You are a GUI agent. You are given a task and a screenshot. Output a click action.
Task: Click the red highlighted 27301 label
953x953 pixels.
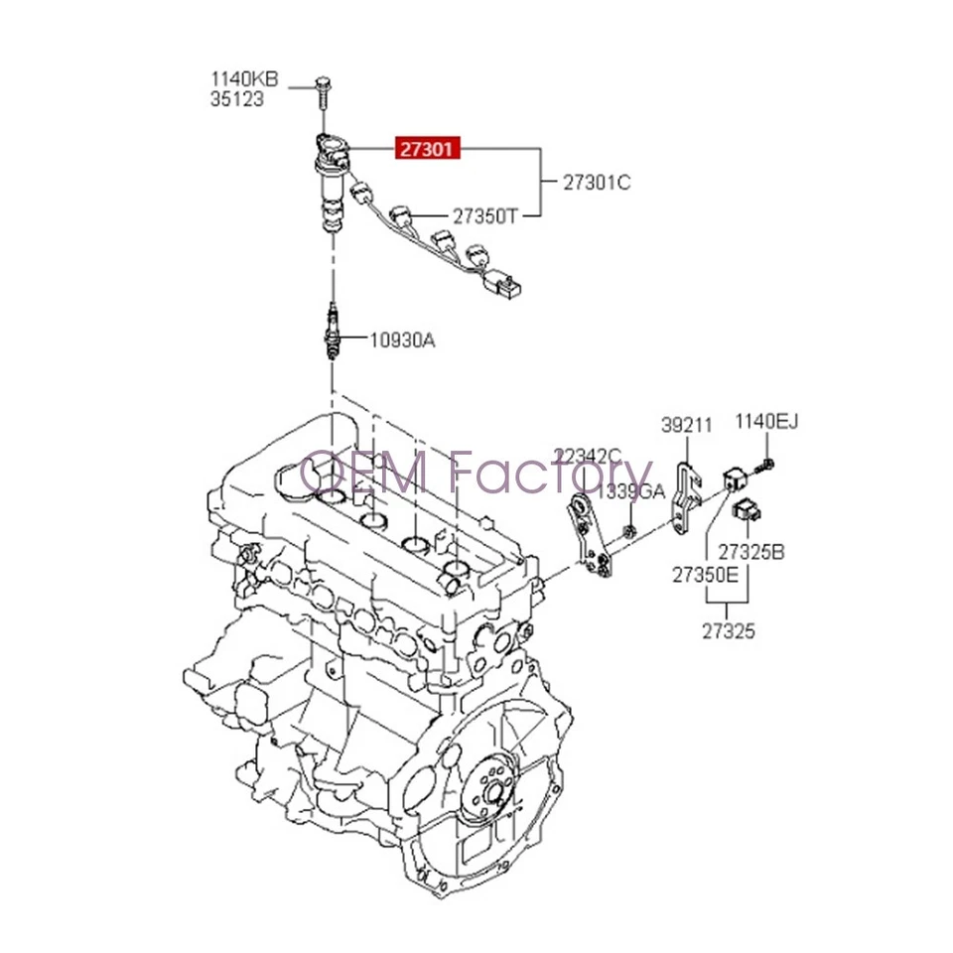(x=427, y=149)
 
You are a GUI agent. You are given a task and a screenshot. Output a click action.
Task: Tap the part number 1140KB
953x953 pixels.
(x=243, y=78)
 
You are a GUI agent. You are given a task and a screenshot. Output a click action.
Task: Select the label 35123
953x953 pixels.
(x=237, y=99)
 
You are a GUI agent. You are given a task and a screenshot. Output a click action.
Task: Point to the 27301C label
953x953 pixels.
(x=597, y=183)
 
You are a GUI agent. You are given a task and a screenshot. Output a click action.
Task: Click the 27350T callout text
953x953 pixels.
(x=485, y=215)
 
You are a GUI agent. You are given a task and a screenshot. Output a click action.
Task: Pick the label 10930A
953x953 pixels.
(x=402, y=340)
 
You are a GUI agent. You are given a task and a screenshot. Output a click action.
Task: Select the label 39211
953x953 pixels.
(x=687, y=426)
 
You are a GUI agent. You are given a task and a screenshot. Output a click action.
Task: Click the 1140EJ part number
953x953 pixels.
(x=766, y=424)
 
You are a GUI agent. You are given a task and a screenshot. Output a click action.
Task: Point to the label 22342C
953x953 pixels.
(x=588, y=458)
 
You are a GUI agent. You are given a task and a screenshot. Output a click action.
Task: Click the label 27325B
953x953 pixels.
(x=751, y=551)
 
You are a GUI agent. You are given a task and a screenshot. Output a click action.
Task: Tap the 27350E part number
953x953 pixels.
(x=705, y=575)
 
